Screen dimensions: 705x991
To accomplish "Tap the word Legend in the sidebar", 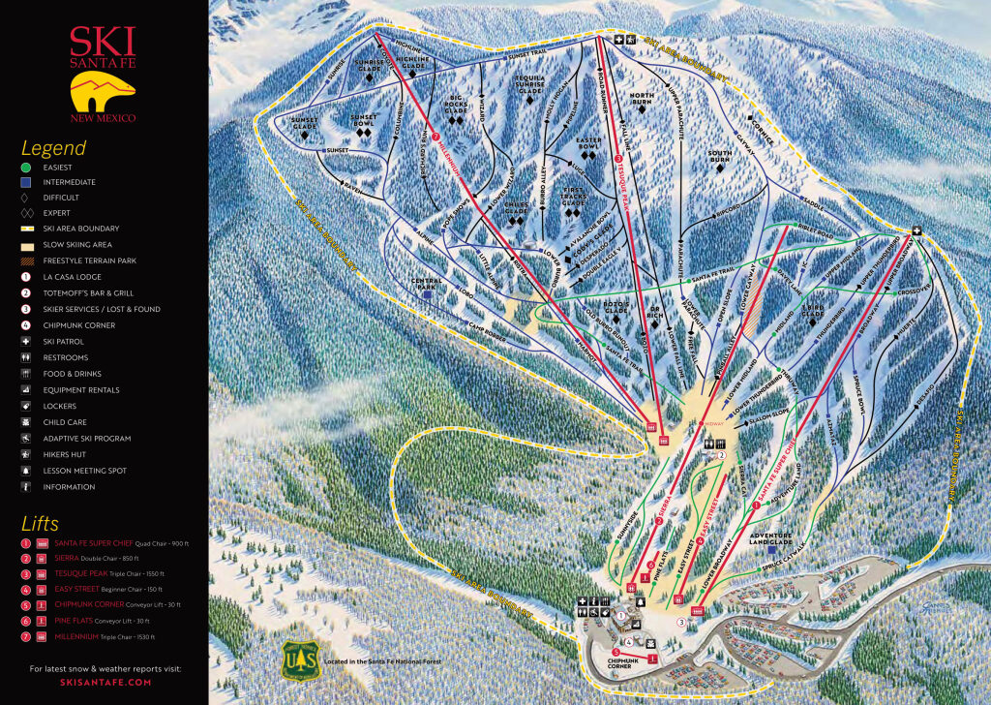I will pos(53,148).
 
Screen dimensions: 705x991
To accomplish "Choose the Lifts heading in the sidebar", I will pos(40,524).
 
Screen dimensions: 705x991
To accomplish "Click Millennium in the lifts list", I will pos(77,636).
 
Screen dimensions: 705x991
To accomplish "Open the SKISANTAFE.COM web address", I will pos(104,683).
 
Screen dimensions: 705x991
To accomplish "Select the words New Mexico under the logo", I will pos(102,118).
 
